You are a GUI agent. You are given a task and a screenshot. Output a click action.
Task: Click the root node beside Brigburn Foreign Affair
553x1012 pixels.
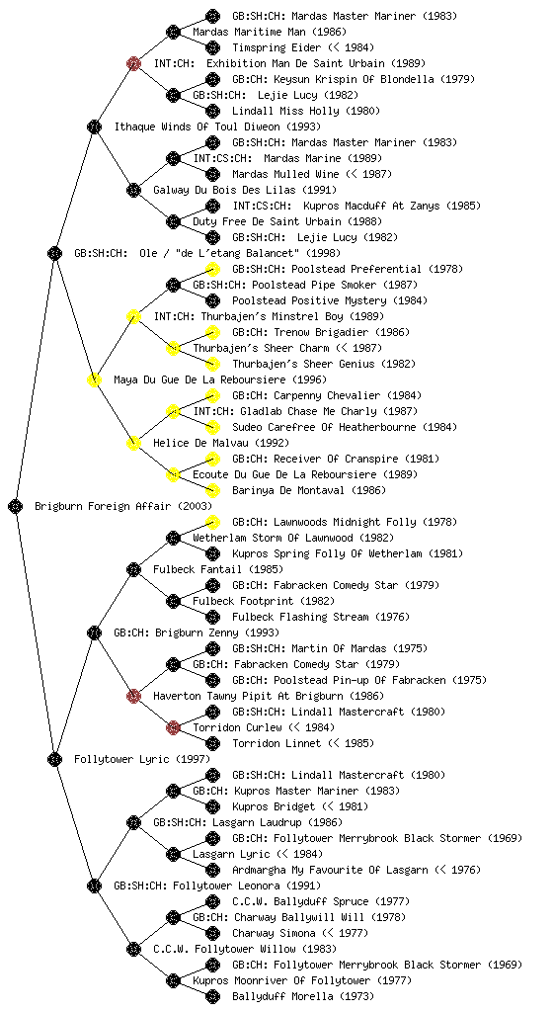point(16,506)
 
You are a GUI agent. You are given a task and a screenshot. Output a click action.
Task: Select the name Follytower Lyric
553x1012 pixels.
point(122,759)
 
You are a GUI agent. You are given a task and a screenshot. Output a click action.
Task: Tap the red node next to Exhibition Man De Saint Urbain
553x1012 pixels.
point(133,63)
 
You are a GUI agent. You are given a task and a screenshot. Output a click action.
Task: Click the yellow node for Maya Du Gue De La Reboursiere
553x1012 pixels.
point(94,379)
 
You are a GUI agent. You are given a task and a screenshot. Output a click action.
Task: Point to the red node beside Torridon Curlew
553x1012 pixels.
point(173,727)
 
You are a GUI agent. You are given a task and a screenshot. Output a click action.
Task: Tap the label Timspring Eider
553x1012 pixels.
point(268,47)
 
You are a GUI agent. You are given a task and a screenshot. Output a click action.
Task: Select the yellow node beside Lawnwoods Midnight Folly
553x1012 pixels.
point(212,522)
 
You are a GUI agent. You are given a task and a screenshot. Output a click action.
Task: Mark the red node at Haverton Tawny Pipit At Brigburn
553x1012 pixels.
point(133,696)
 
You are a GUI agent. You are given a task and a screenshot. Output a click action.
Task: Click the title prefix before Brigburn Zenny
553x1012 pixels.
point(131,632)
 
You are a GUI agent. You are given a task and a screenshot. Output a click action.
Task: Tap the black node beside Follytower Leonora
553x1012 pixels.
point(94,885)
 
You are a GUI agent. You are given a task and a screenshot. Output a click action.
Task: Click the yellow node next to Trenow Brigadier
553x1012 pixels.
point(212,332)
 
